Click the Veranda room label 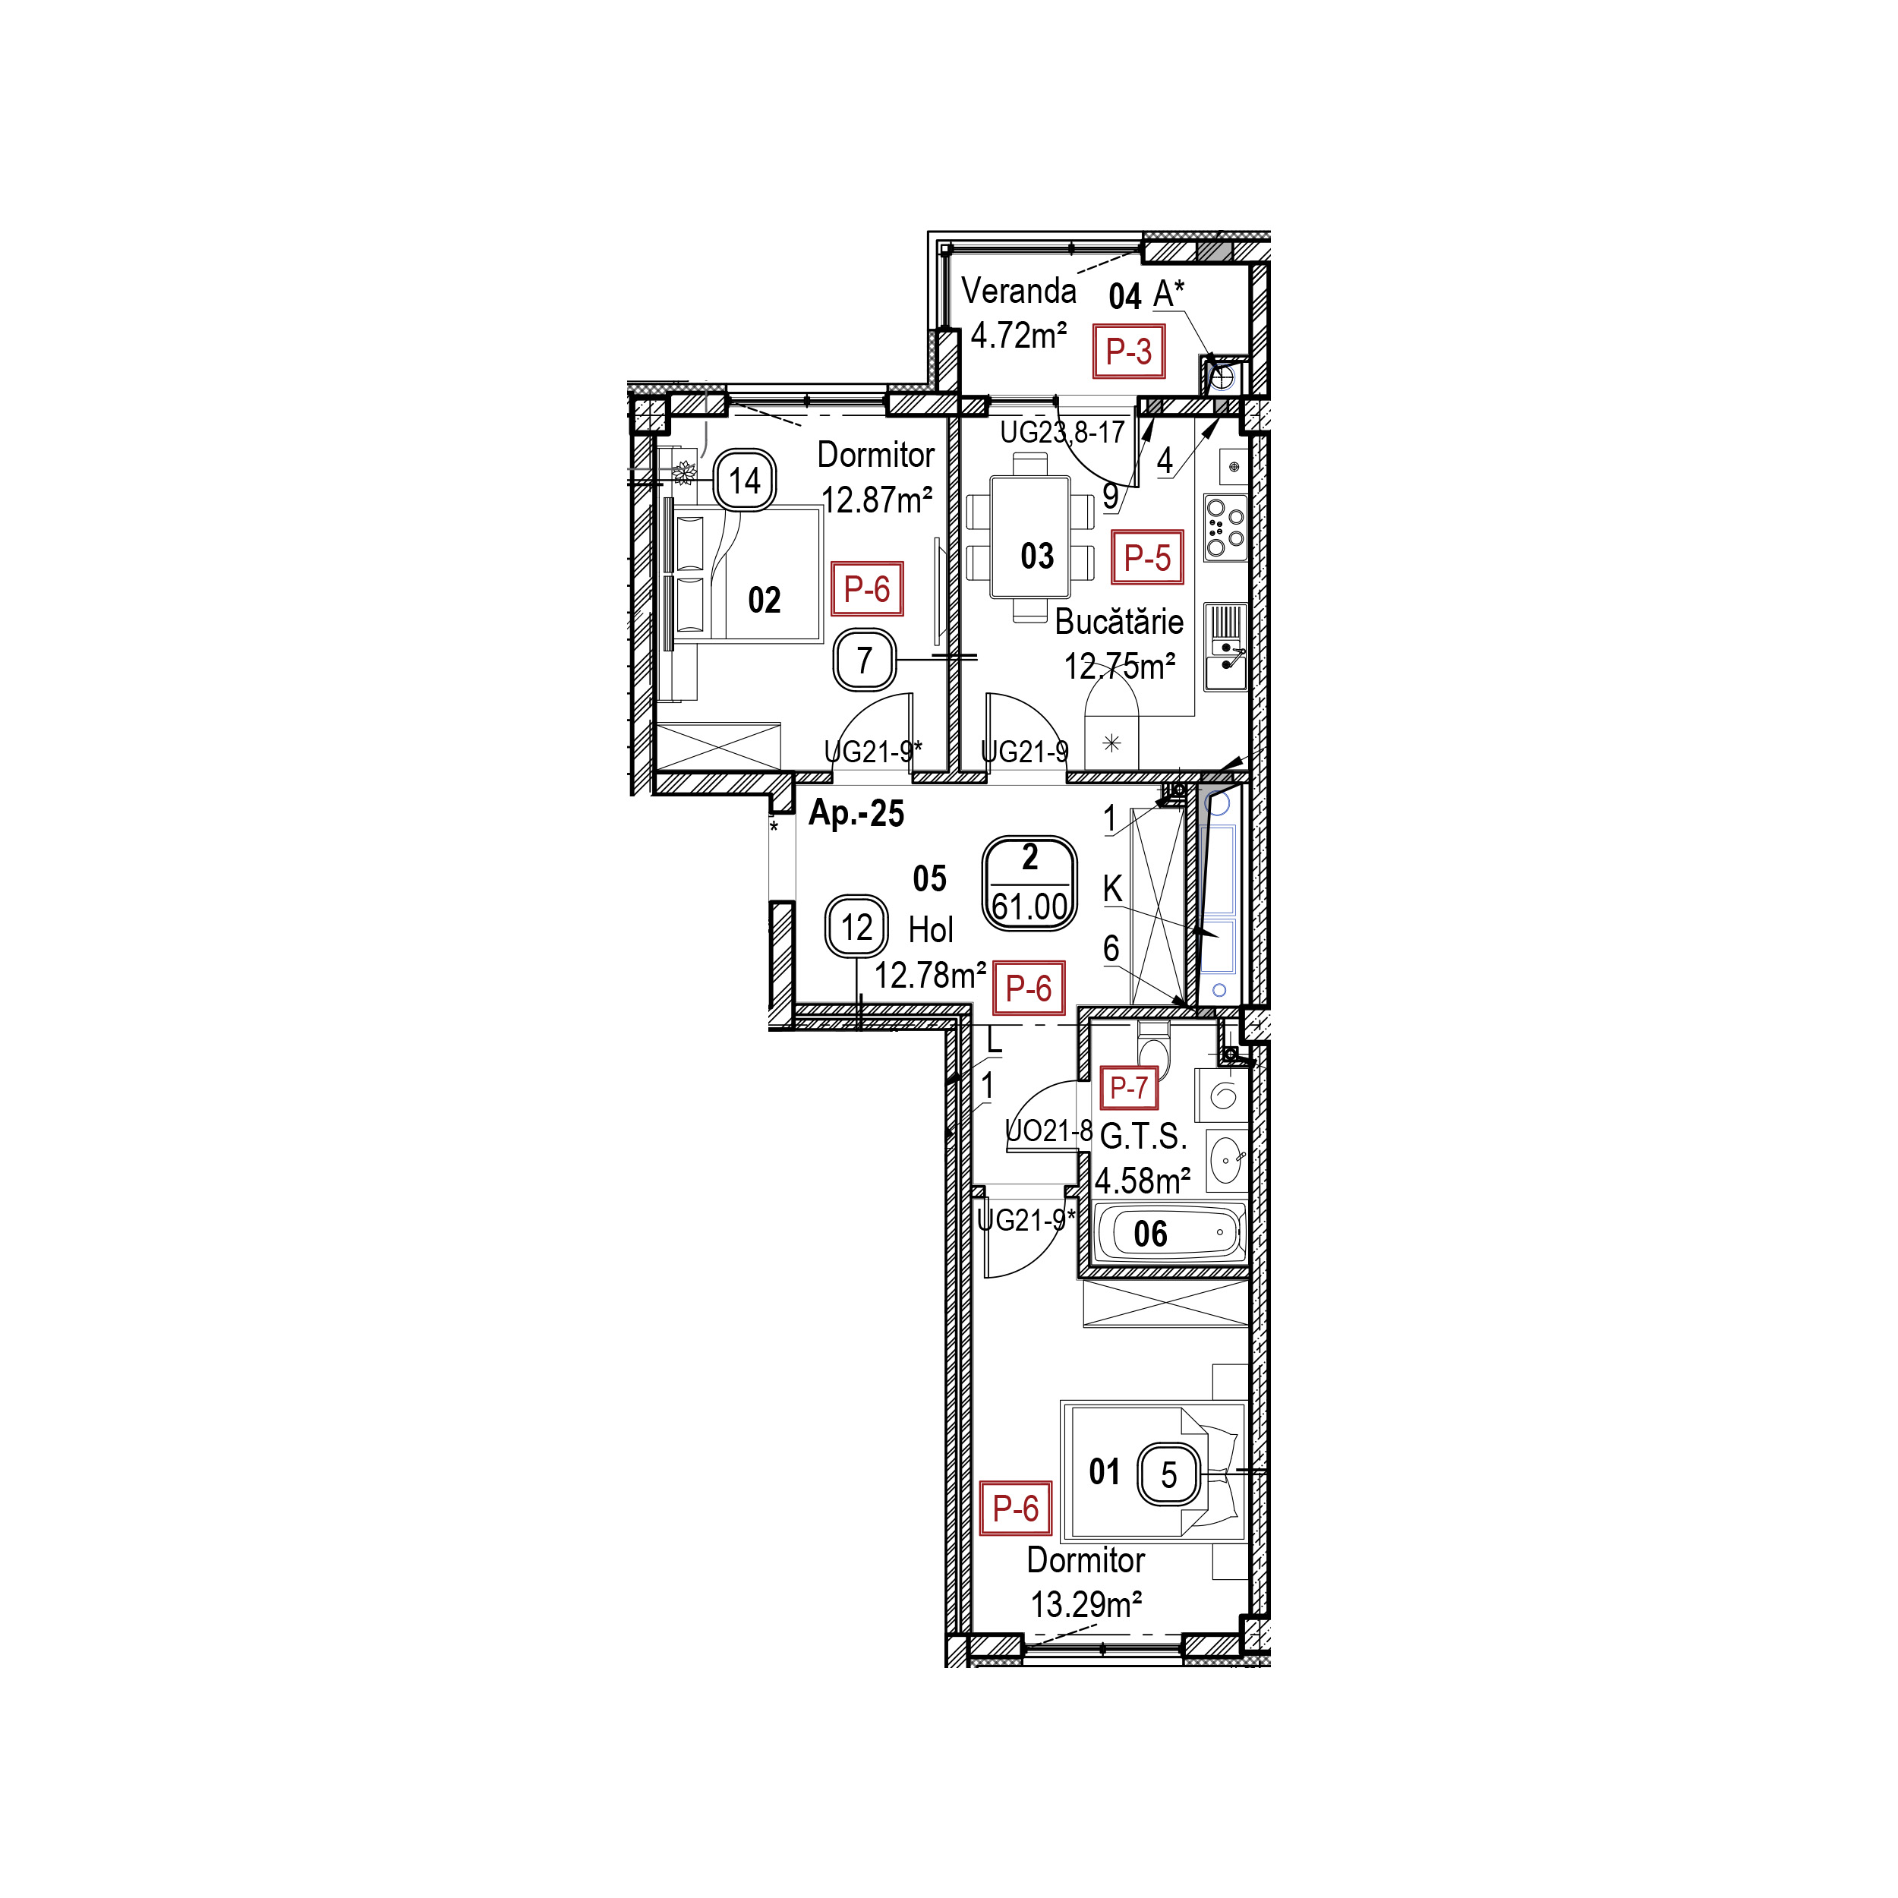[1018, 292]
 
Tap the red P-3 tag [1129, 351]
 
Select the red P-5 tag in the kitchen [1147, 558]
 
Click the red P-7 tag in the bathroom [1129, 1087]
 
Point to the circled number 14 [745, 481]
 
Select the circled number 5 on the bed [1169, 1474]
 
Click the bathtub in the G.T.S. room [1168, 1233]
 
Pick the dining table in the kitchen [1029, 537]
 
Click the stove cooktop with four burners [1225, 528]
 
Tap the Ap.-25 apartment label [856, 815]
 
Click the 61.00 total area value [1029, 906]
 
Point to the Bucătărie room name [1119, 622]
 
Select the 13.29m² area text [1086, 1605]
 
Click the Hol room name [930, 929]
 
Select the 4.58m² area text [1143, 1180]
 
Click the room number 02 [765, 601]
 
